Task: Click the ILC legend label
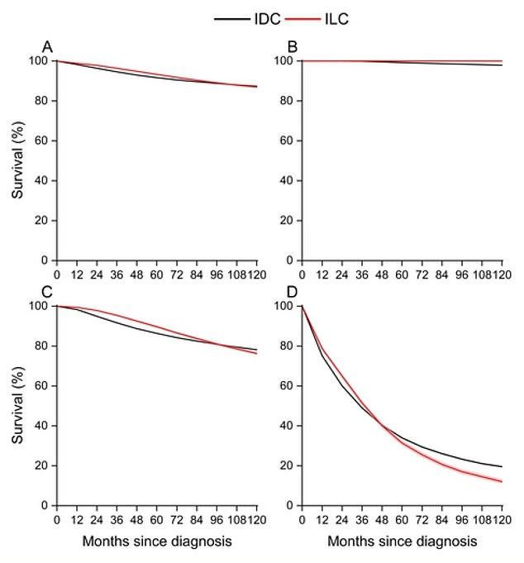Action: (331, 18)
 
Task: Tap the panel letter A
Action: (49, 47)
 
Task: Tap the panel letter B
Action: (293, 47)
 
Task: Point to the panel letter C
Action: (49, 292)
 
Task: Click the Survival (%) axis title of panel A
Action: (18, 160)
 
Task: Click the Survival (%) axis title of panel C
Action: (18, 405)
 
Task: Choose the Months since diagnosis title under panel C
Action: (156, 542)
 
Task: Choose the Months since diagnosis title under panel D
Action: (402, 542)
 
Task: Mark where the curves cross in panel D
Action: (382, 425)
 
